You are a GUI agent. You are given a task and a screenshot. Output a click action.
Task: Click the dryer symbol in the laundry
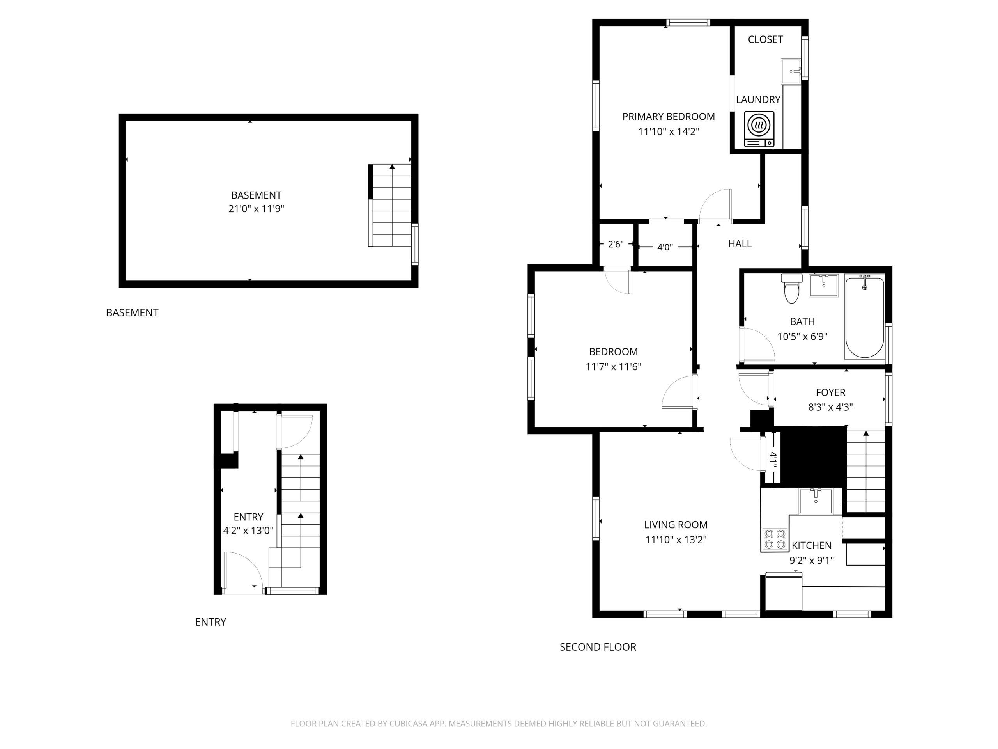[x=759, y=129]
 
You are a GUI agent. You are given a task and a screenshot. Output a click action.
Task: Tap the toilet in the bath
[x=791, y=288]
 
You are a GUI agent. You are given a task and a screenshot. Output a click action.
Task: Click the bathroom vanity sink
[x=823, y=285]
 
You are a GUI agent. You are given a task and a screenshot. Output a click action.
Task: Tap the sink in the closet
[x=791, y=71]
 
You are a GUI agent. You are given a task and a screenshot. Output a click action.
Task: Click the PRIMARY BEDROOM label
[x=669, y=117]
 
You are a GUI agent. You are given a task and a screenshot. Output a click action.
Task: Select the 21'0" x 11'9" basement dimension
[x=256, y=209]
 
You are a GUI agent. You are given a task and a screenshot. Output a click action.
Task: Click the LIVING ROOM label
[x=676, y=525]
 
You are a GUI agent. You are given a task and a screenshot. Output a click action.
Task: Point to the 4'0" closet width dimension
[x=665, y=247]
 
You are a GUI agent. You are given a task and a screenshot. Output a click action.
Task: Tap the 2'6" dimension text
[x=616, y=244]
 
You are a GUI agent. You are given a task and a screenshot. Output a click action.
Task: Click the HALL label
[x=740, y=244]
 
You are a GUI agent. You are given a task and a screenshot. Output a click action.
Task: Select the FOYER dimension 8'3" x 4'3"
[x=831, y=407]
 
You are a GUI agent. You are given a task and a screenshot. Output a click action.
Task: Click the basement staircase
[x=390, y=205]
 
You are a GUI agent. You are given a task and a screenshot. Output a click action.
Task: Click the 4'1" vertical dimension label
[x=773, y=460]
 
